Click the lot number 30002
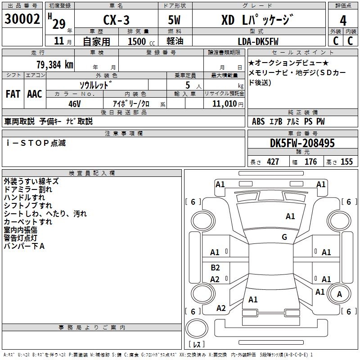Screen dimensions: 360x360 (22, 19)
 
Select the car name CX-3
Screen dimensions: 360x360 (116, 20)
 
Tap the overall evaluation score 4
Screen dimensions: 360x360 (343, 21)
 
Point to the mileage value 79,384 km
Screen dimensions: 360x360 (55, 64)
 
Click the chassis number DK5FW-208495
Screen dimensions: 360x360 (302, 143)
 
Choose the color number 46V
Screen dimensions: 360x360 (75, 104)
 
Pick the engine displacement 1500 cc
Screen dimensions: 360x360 (141, 41)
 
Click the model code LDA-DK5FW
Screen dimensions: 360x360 (258, 41)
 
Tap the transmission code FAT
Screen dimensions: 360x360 (13, 94)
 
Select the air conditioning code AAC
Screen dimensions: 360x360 (35, 94)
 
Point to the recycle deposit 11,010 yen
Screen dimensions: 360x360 (228, 104)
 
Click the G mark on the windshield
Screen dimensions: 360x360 (284, 237)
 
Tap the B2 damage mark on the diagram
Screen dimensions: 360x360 (215, 267)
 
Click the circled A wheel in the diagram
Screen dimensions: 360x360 (339, 294)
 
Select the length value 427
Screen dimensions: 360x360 (273, 162)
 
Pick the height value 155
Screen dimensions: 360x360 (346, 162)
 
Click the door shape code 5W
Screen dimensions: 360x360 (174, 20)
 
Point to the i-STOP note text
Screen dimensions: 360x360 (36, 143)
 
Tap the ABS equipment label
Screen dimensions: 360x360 (258, 121)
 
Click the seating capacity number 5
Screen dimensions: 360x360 (188, 85)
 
